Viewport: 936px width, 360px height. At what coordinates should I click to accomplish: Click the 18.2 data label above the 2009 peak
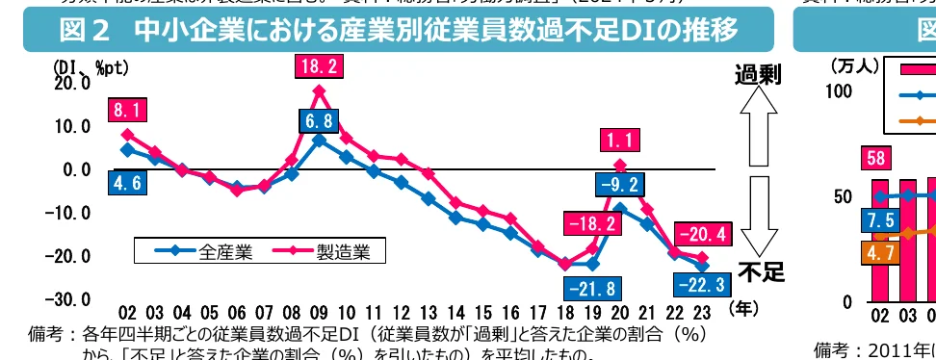319,66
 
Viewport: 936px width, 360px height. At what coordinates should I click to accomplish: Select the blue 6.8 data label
319,122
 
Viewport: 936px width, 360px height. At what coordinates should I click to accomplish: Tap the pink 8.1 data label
128,111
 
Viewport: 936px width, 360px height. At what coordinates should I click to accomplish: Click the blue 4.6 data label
128,183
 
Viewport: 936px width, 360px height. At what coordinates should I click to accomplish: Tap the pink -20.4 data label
702,233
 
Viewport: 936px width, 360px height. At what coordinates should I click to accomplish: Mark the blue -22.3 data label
702,286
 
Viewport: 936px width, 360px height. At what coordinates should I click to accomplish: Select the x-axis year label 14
456,313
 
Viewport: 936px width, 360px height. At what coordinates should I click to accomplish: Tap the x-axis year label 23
702,313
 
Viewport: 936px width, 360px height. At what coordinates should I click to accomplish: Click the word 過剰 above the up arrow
758,74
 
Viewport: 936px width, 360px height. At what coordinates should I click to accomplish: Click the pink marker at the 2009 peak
319,91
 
